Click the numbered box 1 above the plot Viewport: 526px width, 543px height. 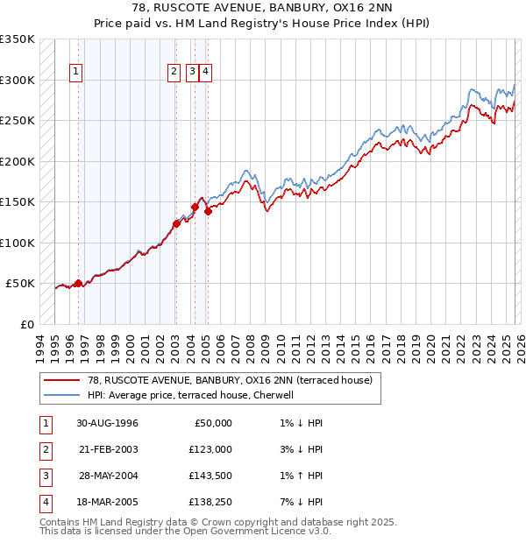tap(77, 73)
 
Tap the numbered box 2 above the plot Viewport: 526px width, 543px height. tap(174, 73)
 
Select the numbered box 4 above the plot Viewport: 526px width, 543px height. tap(205, 73)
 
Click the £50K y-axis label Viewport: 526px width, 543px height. tap(20, 284)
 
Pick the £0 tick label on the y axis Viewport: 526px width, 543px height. tap(27, 324)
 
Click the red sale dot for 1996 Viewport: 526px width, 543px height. tap(78, 283)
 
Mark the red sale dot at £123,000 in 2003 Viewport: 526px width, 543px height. tap(176, 223)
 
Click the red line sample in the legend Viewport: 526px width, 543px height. tap(61, 380)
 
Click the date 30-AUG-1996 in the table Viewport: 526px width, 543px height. tap(107, 423)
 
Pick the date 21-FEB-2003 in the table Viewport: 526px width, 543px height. tap(107, 449)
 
